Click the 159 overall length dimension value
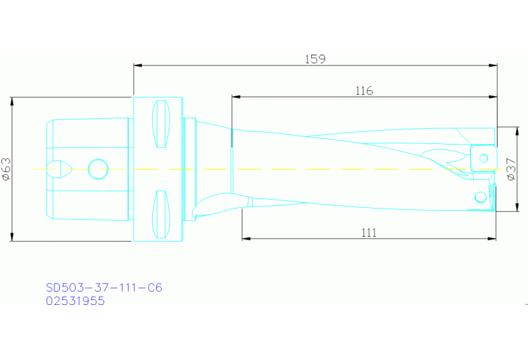point(315,59)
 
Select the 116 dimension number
point(363,91)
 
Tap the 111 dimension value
point(369,233)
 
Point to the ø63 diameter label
point(6,169)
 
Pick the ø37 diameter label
point(510,169)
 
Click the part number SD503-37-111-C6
point(104,288)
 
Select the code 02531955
point(75,301)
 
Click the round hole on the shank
point(98,167)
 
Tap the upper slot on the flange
point(160,124)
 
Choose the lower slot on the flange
point(160,213)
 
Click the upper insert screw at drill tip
point(484,159)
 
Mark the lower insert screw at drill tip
point(480,198)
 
